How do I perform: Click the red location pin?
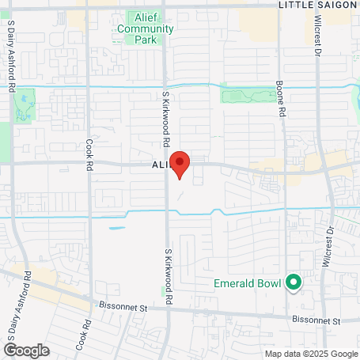coord(180,165)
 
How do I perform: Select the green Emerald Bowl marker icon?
coord(293,282)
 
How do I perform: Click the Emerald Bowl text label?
coord(249,282)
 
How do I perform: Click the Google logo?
coord(26,350)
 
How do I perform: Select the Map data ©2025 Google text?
coord(310,354)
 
